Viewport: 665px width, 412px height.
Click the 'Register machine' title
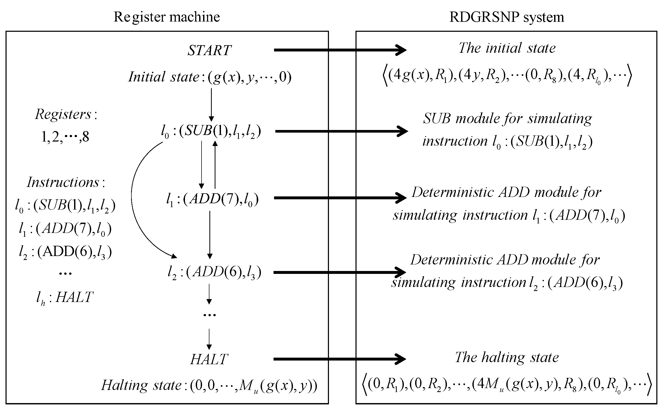166,17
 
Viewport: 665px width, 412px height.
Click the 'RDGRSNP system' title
506,17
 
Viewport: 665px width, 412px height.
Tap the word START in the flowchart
209,50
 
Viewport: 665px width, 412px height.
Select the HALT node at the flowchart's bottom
209,359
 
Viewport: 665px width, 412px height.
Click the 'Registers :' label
66,114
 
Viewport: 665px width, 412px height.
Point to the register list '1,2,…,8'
65,137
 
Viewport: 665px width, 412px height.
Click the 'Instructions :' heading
66,182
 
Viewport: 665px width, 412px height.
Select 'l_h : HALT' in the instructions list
65,298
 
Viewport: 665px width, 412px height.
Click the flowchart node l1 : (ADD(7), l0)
212,200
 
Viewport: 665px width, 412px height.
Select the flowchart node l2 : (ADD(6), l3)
214,272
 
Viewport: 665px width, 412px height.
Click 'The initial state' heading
507,48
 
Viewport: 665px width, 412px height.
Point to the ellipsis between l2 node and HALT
209,315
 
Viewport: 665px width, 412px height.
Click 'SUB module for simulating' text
507,118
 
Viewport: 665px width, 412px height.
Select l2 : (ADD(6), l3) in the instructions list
65,252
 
